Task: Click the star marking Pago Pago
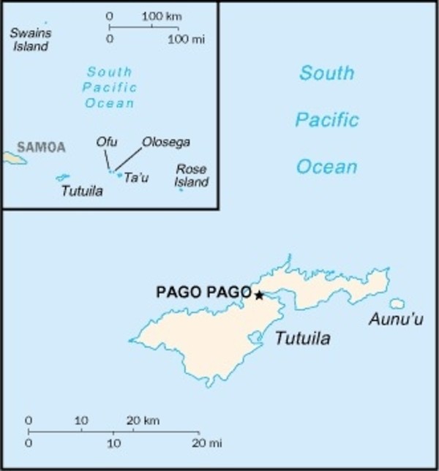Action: tap(259, 295)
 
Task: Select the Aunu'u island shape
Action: tap(397, 303)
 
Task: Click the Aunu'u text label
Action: tap(396, 320)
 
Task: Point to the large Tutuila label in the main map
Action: tap(302, 339)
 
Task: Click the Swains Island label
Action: tap(29, 39)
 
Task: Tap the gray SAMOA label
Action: tap(41, 147)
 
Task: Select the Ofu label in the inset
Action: tap(106, 141)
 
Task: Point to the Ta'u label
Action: tap(136, 177)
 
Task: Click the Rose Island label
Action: tap(192, 176)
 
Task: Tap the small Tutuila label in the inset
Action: tap(81, 191)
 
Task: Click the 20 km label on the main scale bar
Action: tap(143, 421)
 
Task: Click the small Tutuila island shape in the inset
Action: tap(62, 177)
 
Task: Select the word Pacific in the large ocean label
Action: tap(327, 119)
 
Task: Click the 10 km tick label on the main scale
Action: tap(81, 421)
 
